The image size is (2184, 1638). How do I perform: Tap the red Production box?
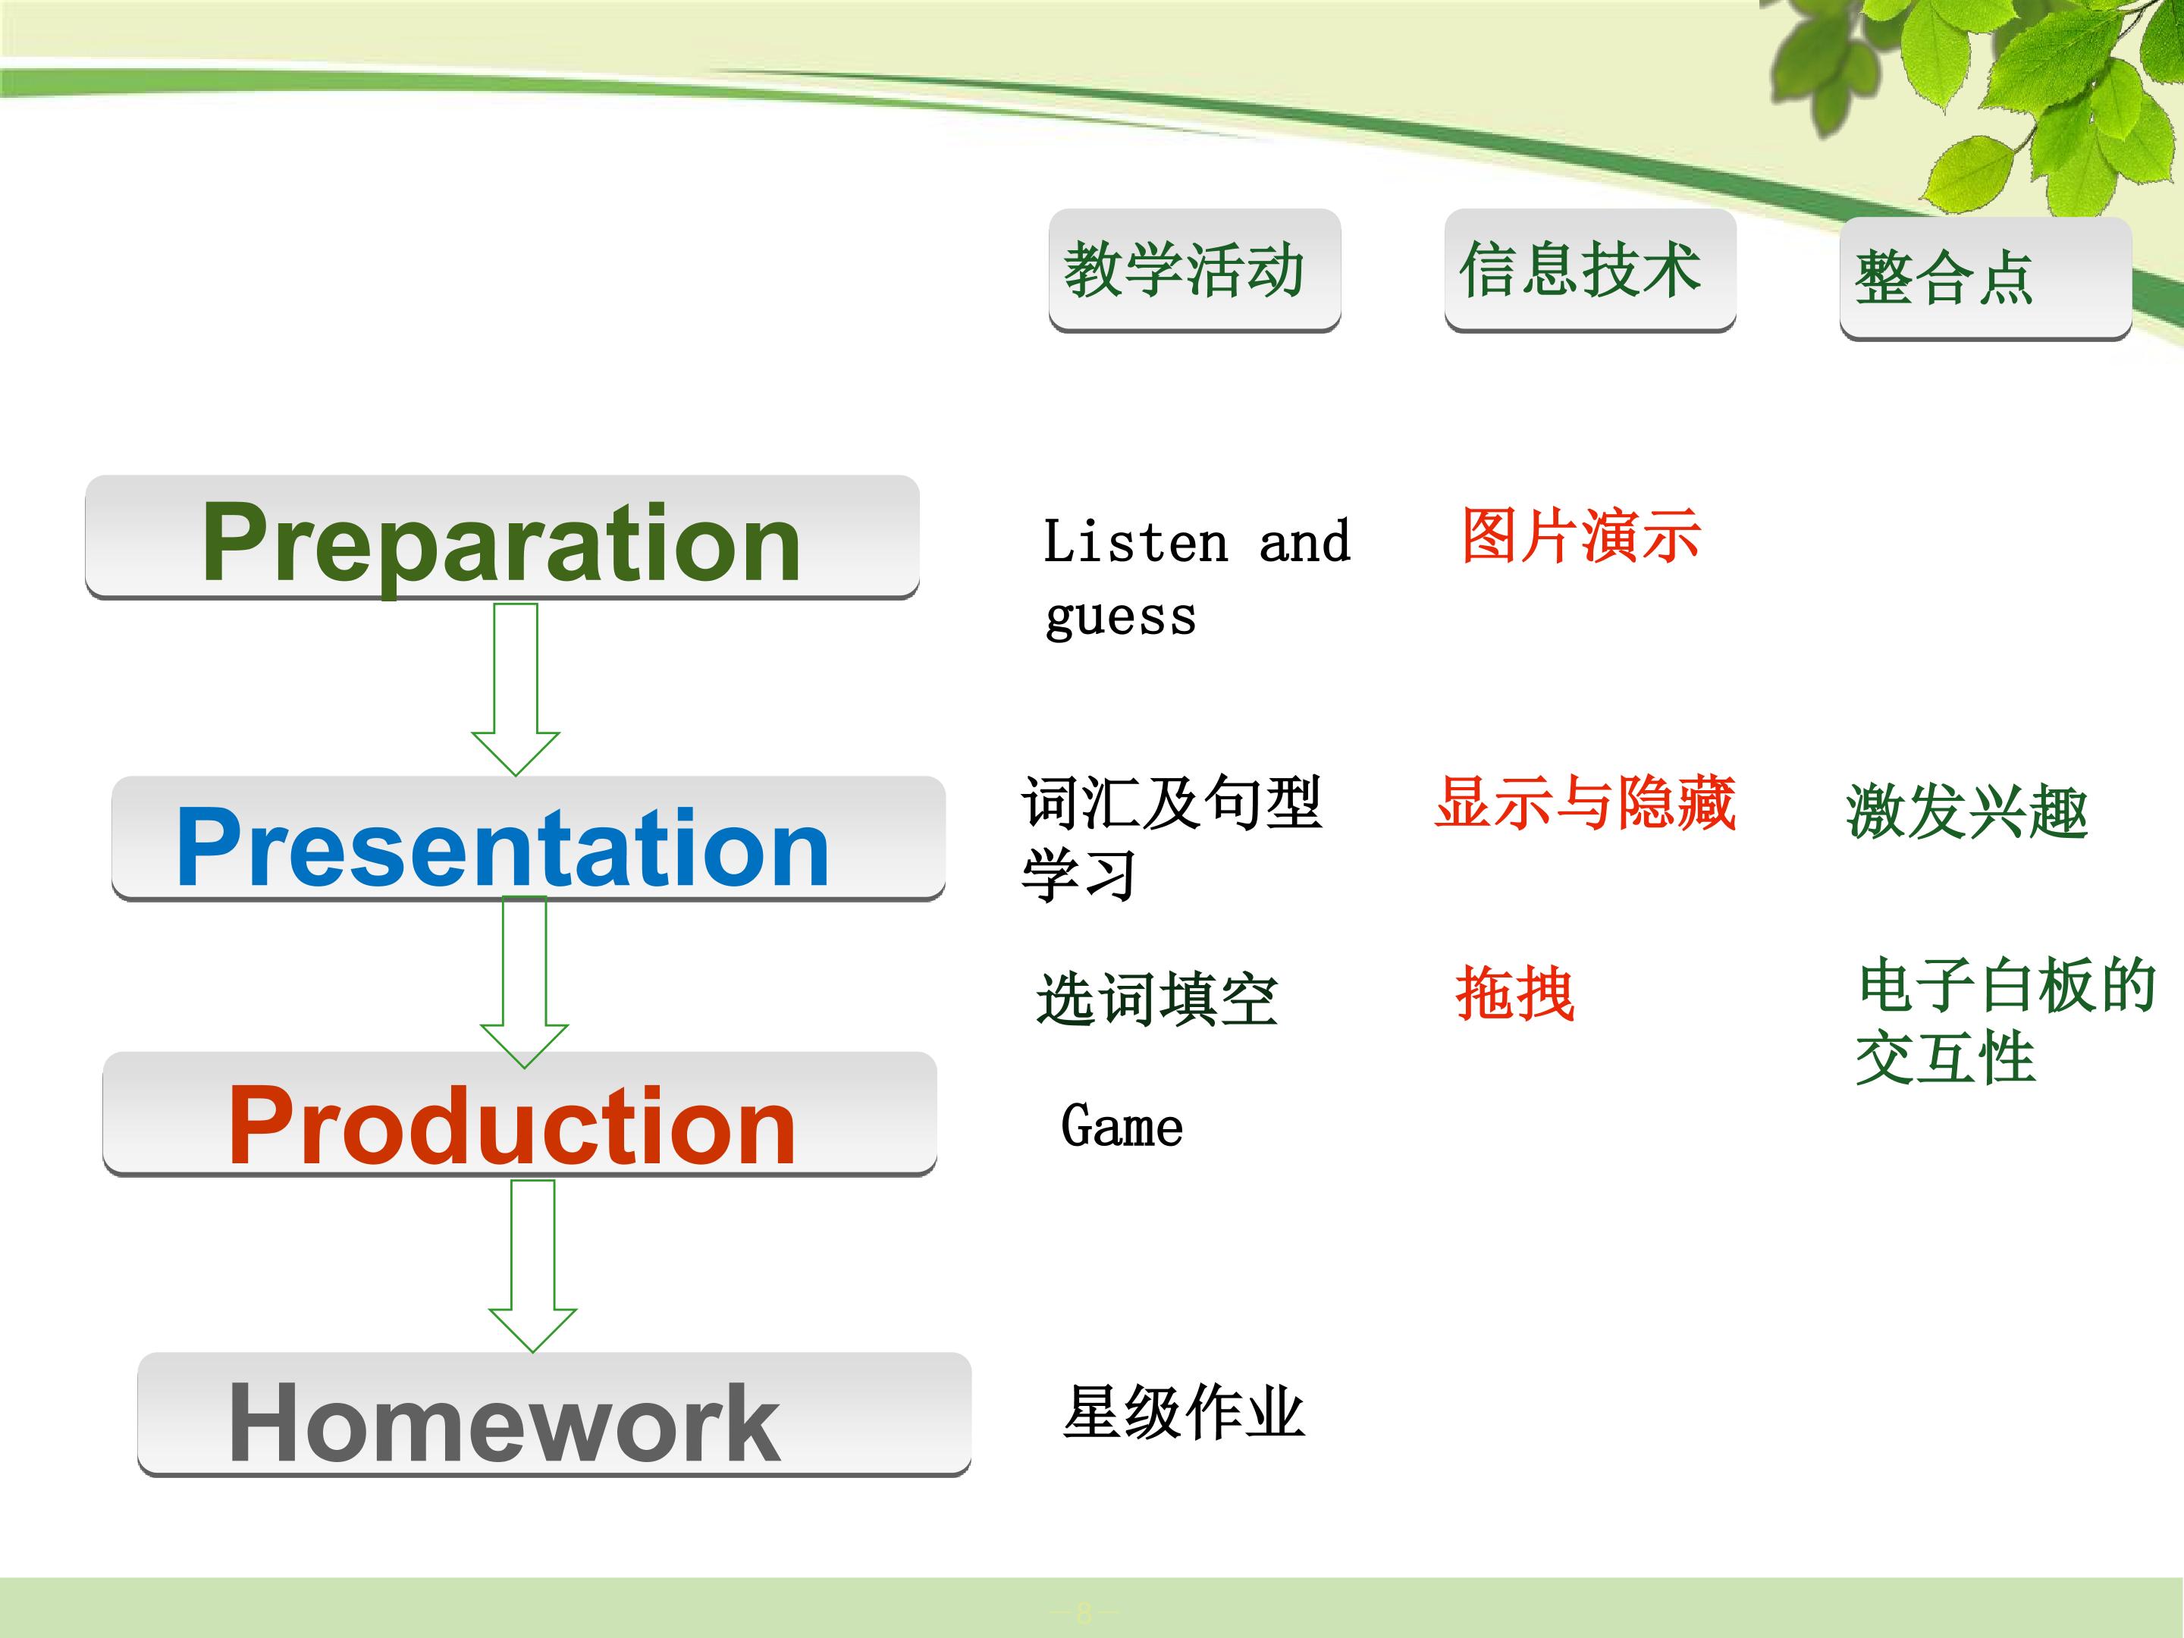pos(519,1114)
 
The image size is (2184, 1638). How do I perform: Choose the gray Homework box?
pos(554,1415)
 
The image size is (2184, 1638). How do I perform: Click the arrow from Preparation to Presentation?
pos(516,689)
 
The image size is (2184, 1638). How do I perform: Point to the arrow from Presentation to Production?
pos(524,982)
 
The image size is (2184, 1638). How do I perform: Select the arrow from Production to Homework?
pos(533,1266)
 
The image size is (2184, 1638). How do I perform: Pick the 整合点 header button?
pos(1985,278)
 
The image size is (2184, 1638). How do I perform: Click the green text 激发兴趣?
pos(1967,811)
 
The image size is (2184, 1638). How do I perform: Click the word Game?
pos(1122,1127)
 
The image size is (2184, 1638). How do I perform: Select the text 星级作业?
pos(1184,1412)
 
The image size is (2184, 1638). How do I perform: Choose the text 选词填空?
pos(1157,999)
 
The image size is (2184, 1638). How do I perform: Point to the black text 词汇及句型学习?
pos(1172,838)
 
